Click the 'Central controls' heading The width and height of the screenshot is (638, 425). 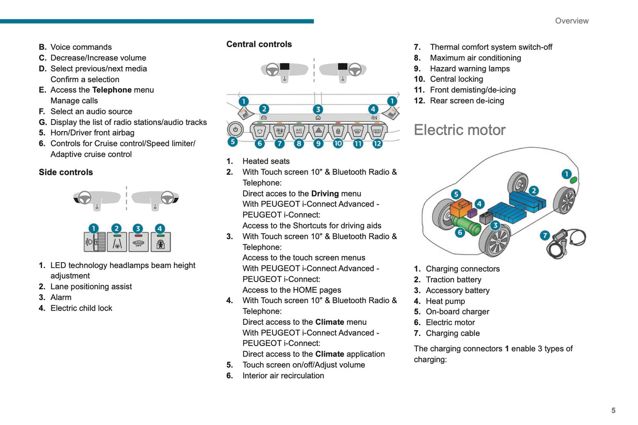(x=259, y=44)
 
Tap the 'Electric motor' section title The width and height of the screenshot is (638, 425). (x=459, y=130)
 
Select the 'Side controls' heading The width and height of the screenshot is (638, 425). (x=66, y=172)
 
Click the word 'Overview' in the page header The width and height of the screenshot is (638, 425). (x=571, y=21)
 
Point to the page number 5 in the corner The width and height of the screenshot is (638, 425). (x=613, y=410)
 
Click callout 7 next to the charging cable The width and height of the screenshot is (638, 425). (x=545, y=235)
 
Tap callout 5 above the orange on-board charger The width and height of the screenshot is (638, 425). (x=456, y=194)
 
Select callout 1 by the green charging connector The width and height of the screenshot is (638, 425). (x=566, y=174)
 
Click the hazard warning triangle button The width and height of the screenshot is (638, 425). (x=318, y=131)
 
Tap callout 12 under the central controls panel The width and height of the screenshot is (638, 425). (x=377, y=143)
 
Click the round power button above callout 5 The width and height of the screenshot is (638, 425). (x=235, y=130)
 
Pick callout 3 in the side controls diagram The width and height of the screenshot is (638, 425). (x=138, y=229)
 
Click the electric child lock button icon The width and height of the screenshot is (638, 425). (x=160, y=243)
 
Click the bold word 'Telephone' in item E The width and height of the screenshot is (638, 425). (x=112, y=90)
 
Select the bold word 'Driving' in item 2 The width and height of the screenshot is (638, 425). (x=325, y=193)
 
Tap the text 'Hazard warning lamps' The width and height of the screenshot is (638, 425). (x=470, y=68)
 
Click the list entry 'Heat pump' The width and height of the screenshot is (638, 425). (x=445, y=301)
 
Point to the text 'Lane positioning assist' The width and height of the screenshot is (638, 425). (x=91, y=286)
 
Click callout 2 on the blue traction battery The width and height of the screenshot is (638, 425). (x=534, y=191)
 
